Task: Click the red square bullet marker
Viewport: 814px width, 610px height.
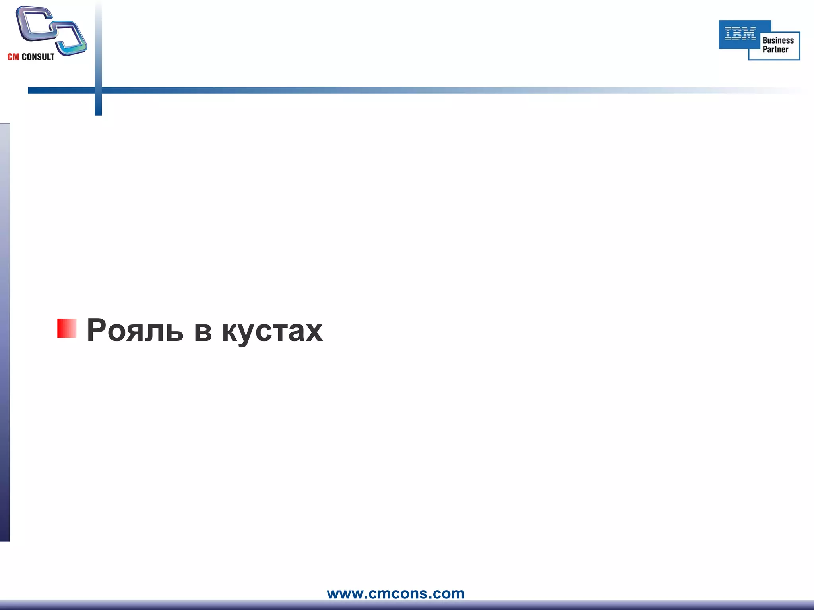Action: (x=67, y=328)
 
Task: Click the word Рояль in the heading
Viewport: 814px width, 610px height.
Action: (x=135, y=330)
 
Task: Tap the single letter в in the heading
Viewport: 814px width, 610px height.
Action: (x=203, y=332)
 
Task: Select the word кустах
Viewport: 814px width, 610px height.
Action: (x=272, y=332)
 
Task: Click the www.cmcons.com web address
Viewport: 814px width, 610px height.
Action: (x=395, y=593)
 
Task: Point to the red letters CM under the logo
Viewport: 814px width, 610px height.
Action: (x=13, y=57)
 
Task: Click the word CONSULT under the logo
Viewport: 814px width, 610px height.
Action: (x=38, y=57)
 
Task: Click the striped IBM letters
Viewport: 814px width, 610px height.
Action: (x=740, y=33)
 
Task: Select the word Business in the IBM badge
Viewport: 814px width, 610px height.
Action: (x=778, y=41)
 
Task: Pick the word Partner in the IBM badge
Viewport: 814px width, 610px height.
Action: (x=775, y=50)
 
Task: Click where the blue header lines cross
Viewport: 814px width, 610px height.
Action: (x=98, y=91)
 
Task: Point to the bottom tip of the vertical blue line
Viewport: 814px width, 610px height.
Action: (x=98, y=114)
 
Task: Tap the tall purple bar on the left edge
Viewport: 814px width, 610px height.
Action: (x=4, y=332)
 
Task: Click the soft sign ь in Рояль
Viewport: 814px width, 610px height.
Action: (x=175, y=332)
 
